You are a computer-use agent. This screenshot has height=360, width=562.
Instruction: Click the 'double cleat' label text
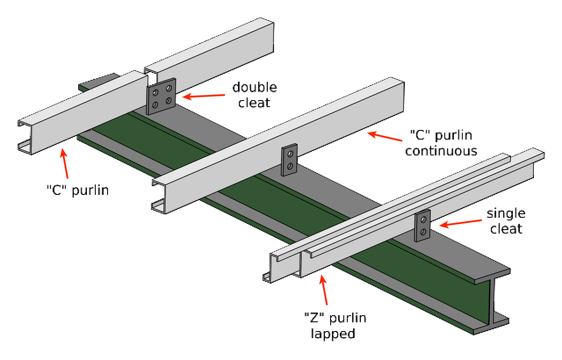(x=254, y=95)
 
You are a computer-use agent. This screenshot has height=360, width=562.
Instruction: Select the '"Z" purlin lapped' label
(x=335, y=326)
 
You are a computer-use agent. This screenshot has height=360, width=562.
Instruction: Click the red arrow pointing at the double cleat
(x=203, y=96)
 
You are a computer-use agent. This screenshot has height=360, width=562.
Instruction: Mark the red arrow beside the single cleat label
(x=461, y=223)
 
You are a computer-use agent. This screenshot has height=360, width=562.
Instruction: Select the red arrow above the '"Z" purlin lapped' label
(x=324, y=290)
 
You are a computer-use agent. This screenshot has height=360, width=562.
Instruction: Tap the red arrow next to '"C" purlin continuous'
(x=385, y=137)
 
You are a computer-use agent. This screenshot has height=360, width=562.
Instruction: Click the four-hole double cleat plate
(x=161, y=96)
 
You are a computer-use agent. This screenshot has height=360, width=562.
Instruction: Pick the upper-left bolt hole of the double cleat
(x=155, y=93)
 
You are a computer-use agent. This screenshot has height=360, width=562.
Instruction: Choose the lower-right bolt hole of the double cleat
(x=169, y=101)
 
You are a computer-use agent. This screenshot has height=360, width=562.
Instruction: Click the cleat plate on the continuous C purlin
(x=289, y=160)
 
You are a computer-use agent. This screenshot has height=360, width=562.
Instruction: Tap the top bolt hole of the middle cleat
(x=290, y=154)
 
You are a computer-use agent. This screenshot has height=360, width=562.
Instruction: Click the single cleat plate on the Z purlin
(x=422, y=226)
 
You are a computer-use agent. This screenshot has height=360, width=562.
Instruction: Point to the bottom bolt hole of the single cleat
(x=423, y=231)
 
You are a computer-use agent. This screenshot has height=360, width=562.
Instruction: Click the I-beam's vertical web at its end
(x=492, y=301)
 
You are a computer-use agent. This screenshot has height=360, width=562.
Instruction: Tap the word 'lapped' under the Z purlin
(x=333, y=333)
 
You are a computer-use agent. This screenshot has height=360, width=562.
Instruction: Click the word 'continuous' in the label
(x=441, y=151)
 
